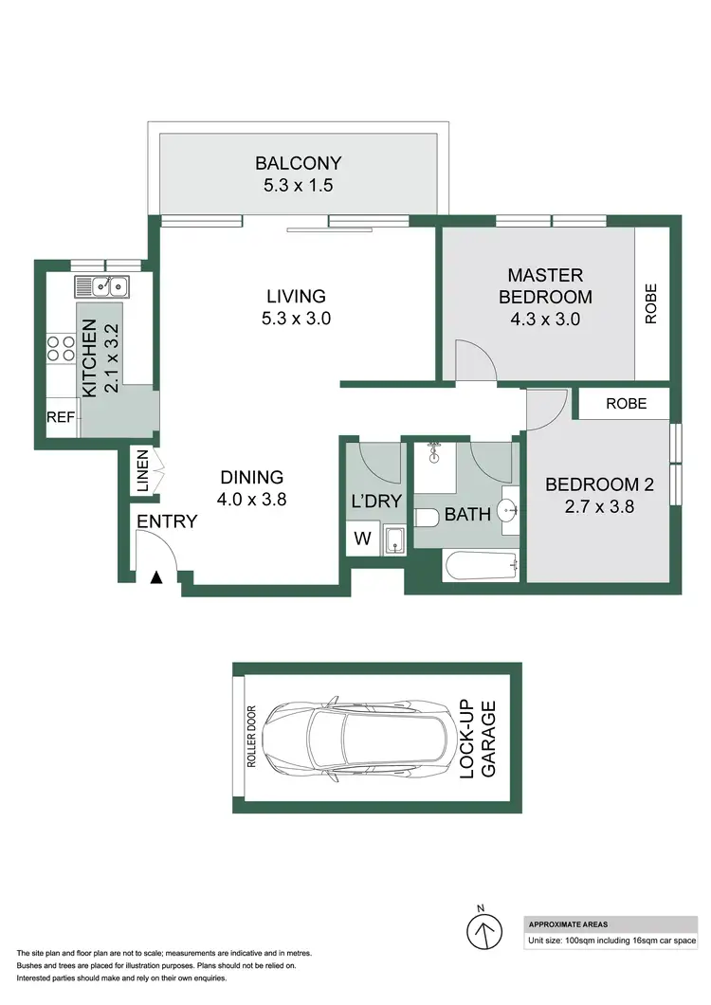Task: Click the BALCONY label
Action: click(302, 162)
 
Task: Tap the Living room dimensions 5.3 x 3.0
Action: click(297, 319)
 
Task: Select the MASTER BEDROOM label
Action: click(544, 285)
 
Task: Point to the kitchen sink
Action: click(104, 284)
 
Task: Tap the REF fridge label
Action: click(61, 416)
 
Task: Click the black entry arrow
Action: click(157, 576)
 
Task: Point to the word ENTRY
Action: click(167, 521)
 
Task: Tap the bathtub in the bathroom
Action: click(481, 567)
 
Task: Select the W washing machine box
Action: click(362, 540)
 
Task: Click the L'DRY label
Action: click(377, 502)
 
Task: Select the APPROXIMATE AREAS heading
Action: click(569, 923)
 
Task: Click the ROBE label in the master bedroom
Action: click(651, 304)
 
